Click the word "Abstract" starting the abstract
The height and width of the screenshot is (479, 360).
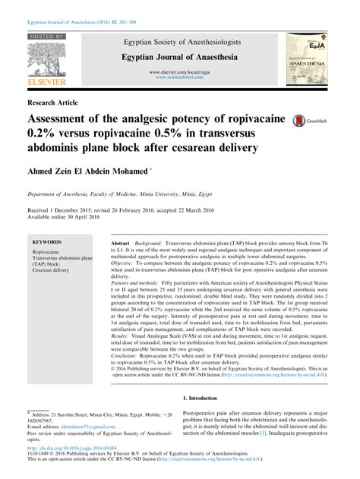pyautogui.click(x=121, y=238)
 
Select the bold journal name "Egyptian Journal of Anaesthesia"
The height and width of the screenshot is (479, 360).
pyautogui.click(x=180, y=57)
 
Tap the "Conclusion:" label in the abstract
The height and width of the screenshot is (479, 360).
pyautogui.click(x=126, y=357)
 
